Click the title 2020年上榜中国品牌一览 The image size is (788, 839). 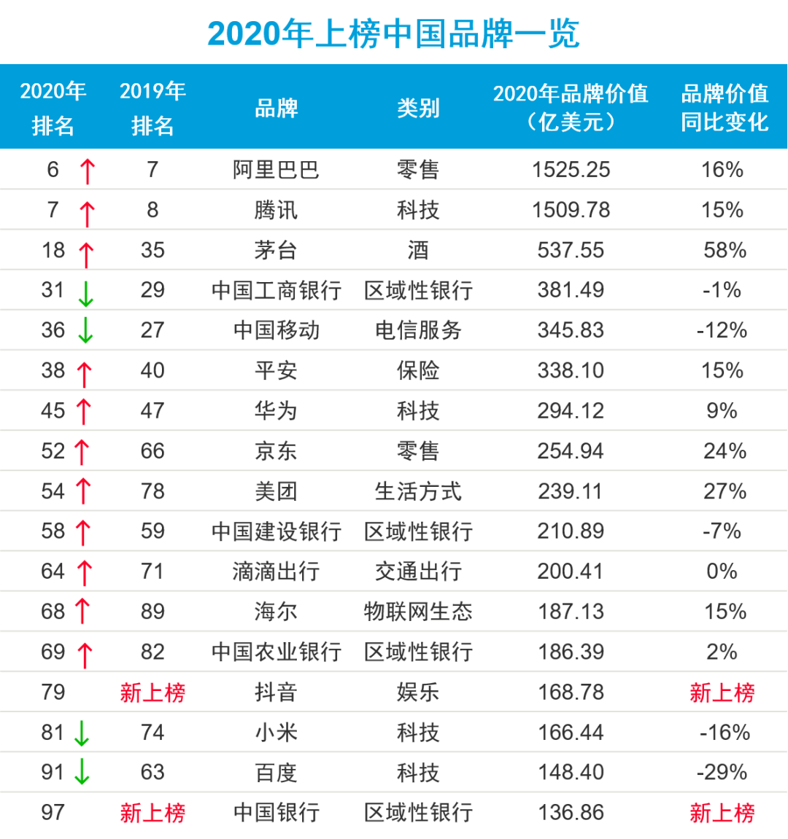tap(393, 34)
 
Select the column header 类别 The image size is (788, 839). tap(418, 109)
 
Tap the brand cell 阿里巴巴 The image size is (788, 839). tap(276, 170)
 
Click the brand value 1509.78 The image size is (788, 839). tap(571, 210)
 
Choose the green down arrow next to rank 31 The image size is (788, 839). tap(86, 293)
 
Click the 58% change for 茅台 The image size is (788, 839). tap(725, 250)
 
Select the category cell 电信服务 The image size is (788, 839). tap(418, 330)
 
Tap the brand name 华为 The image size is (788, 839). tap(276, 410)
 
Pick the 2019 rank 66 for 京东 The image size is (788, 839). tap(152, 451)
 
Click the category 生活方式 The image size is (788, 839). tap(418, 491)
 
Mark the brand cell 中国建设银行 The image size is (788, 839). tap(276, 531)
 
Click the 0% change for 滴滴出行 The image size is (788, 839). tap(722, 571)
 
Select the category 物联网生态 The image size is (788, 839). tap(418, 612)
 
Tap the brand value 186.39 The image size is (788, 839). tap(571, 652)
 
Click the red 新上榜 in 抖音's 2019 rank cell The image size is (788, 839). tap(152, 692)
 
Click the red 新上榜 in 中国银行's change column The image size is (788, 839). tap(722, 813)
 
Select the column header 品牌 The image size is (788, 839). tap(276, 109)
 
